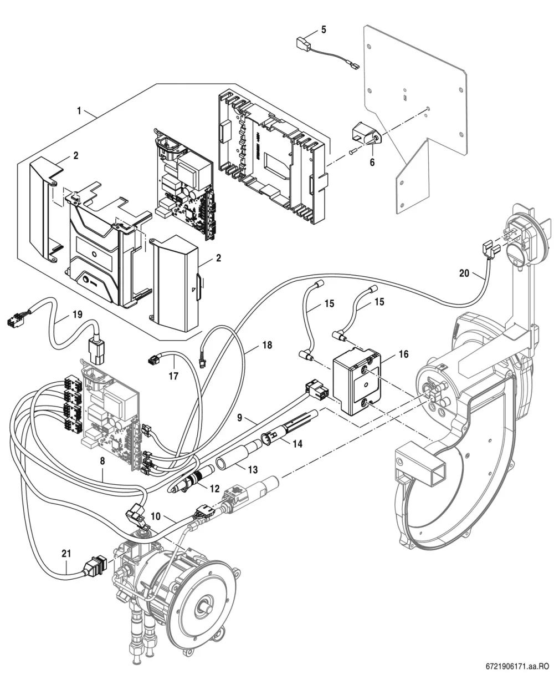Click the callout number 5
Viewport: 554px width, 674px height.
tap(324, 30)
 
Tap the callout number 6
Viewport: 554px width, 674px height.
tap(372, 162)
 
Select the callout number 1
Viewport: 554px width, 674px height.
tap(79, 111)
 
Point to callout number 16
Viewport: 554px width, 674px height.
tap(403, 354)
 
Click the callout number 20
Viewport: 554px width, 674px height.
tap(464, 273)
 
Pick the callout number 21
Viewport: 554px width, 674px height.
tap(66, 553)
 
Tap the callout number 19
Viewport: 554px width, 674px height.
tap(77, 314)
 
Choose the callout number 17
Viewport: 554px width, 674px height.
tap(173, 376)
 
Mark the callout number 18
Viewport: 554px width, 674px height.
tap(267, 345)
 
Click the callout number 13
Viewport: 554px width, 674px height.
tap(253, 469)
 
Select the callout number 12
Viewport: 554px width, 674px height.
tap(214, 488)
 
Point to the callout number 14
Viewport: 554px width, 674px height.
tap(297, 444)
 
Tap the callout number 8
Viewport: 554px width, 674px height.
tap(102, 460)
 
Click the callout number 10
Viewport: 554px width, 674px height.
tap(156, 516)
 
